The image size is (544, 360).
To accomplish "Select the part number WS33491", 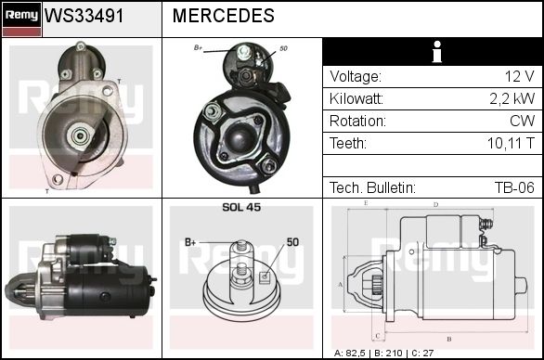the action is tap(84, 16).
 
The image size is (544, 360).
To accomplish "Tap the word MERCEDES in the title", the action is tap(224, 16).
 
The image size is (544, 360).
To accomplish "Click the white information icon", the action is tap(437, 52).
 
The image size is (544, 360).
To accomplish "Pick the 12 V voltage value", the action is tap(519, 76).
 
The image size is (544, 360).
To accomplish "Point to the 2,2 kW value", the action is tap(512, 99).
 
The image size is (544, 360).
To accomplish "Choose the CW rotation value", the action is tap(522, 121).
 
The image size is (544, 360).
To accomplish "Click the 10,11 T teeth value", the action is tap(511, 143).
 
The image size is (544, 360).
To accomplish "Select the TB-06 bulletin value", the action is tap(514, 187).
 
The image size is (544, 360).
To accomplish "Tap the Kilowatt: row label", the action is tap(356, 99).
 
